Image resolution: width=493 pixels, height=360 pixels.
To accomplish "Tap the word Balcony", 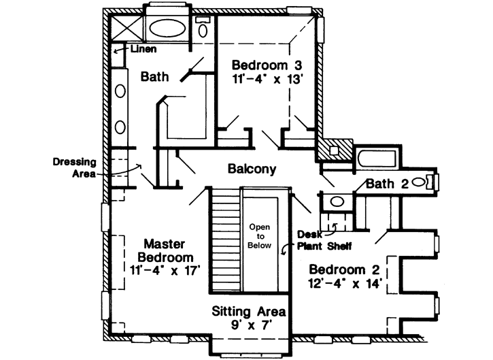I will (x=252, y=169).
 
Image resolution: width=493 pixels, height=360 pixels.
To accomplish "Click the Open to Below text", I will (x=260, y=236).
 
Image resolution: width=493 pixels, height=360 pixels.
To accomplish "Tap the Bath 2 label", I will (x=387, y=184).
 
